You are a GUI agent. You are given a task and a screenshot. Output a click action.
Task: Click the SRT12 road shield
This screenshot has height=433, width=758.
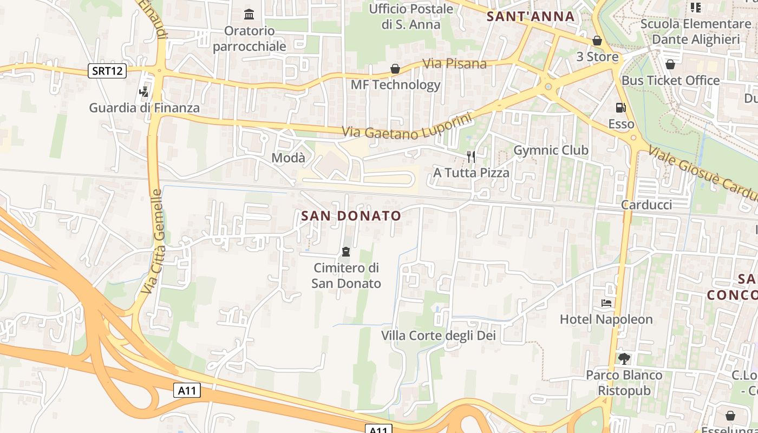coord(107,70)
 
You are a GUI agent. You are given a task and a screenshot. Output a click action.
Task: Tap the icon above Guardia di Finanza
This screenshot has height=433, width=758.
coord(143,91)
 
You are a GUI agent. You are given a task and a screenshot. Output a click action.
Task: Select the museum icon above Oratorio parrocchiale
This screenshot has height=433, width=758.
coord(249,14)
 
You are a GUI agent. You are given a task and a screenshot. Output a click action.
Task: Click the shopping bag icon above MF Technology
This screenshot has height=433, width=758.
coord(395,69)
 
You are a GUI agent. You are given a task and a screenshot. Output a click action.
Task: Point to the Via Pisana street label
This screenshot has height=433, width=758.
coord(454,63)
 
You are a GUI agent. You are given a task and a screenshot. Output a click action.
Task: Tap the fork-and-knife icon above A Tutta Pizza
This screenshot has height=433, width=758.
coord(471,157)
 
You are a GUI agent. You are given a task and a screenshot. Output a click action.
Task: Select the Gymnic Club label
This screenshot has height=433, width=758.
coord(551,150)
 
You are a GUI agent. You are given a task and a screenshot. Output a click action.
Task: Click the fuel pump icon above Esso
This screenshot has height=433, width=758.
coord(620,108)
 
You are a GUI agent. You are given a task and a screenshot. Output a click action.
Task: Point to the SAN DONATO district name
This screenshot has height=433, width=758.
coord(351,216)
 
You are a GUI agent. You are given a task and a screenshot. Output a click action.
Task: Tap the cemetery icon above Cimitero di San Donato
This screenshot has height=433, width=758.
coord(346,252)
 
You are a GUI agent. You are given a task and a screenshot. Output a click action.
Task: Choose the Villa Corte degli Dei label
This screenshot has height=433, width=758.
coord(439,336)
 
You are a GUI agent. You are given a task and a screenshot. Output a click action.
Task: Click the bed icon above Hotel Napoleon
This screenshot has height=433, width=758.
coord(606,303)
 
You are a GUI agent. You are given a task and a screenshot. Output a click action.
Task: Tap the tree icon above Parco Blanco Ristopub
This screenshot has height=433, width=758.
coord(624,358)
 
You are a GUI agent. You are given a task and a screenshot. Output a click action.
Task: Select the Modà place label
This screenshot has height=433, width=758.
coord(288,158)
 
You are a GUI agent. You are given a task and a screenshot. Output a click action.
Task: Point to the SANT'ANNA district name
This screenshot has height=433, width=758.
coord(531,16)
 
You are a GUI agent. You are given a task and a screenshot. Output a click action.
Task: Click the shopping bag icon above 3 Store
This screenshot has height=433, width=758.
coord(597,41)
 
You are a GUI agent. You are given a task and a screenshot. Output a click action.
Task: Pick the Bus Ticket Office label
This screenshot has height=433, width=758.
coord(670,81)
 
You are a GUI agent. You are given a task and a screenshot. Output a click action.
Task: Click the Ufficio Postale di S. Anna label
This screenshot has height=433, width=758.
coord(411,16)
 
